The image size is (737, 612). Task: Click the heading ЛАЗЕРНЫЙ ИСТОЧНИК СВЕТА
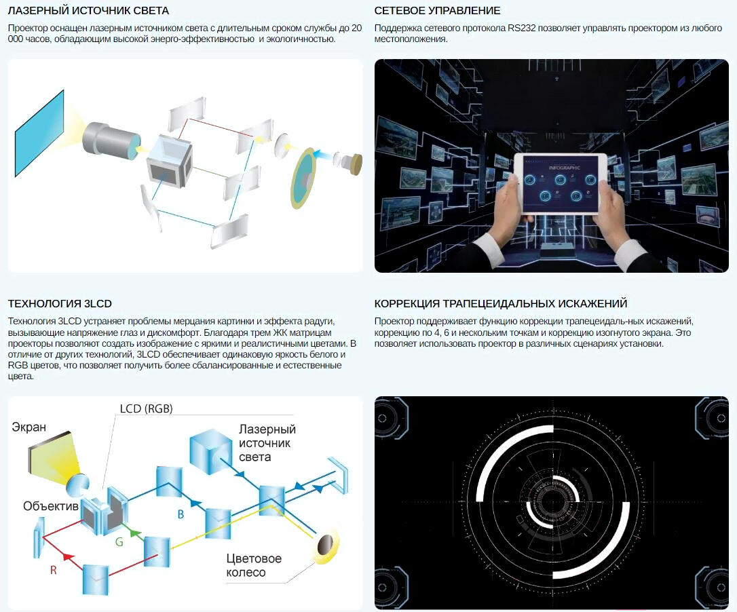tap(88, 10)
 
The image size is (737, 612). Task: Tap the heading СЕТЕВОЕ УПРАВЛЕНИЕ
tap(437, 10)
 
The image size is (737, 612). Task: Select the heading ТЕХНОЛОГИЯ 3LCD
tap(60, 304)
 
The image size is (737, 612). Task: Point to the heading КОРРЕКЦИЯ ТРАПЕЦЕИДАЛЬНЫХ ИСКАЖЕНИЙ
tap(501, 304)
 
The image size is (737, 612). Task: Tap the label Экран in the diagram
tap(29, 427)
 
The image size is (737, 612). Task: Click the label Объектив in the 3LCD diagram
tap(51, 505)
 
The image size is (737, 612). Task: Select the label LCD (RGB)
tap(146, 408)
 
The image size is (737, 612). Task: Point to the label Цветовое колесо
tap(254, 565)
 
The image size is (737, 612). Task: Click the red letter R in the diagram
tap(53, 570)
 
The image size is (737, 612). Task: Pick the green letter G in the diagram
tap(119, 542)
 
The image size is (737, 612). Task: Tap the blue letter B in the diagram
tap(181, 515)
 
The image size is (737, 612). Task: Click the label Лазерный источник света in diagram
tap(267, 443)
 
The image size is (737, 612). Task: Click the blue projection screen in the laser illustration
tap(39, 133)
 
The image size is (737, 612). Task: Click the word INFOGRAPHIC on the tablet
tap(564, 168)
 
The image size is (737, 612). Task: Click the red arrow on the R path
tap(69, 557)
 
